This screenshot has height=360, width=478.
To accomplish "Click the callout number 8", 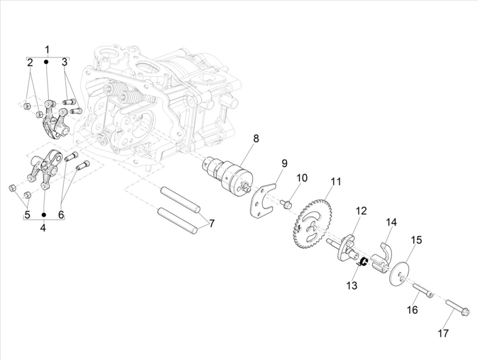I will coord(256,139).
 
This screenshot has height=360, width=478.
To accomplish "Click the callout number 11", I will coord(336,182).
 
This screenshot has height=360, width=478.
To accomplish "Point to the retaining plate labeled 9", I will coord(261,199).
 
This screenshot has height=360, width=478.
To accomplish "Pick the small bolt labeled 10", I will coord(286,204).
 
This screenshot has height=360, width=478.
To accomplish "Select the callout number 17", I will coord(443,333).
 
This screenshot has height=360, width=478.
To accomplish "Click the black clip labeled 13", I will coord(363,262).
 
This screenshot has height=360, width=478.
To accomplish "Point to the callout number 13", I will coord(352,286).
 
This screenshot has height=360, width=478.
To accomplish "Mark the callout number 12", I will coord(361,211).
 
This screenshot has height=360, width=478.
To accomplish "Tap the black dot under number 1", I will coord(46,62).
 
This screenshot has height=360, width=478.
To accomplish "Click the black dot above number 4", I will coord(44,215).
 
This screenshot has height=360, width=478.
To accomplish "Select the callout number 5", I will coord(27,215).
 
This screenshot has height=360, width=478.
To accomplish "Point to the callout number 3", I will coord(64,62).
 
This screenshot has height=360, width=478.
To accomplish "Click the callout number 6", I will coord(61,215).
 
